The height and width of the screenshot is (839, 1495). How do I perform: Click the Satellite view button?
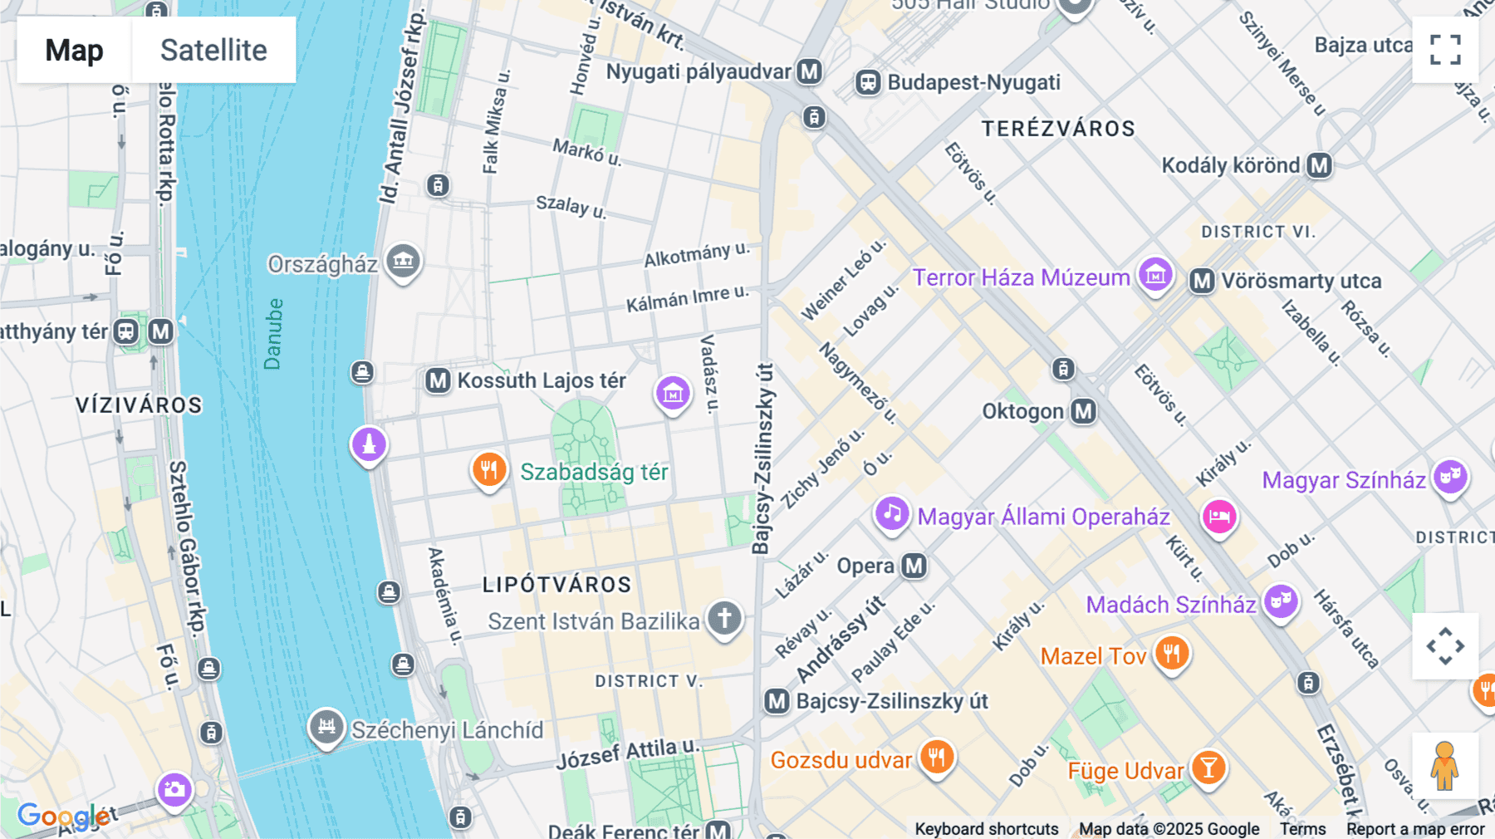(x=213, y=50)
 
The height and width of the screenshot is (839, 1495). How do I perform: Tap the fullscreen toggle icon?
(x=1445, y=50)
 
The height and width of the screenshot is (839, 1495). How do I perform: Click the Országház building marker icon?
(x=404, y=262)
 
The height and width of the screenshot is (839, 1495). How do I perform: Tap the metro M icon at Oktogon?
(x=1083, y=411)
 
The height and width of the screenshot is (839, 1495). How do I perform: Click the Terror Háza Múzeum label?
(x=1021, y=277)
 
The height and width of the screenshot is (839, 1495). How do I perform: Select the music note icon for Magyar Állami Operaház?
(x=892, y=514)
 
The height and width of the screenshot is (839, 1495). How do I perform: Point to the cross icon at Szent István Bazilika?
(x=724, y=618)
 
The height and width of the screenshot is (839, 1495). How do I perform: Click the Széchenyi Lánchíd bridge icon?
(x=326, y=728)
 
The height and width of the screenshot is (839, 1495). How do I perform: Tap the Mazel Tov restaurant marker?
(x=1172, y=654)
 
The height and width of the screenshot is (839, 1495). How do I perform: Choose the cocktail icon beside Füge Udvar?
(x=1208, y=768)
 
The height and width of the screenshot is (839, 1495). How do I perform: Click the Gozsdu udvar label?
(x=841, y=760)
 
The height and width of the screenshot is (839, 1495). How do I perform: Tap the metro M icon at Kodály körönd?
(x=1319, y=165)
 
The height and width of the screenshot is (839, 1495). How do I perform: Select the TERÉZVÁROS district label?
(x=1058, y=129)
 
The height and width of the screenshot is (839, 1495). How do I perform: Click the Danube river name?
(x=272, y=334)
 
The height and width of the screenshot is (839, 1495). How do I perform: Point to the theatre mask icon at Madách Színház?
(x=1281, y=601)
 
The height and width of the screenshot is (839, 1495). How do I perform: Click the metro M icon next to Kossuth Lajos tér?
(x=438, y=381)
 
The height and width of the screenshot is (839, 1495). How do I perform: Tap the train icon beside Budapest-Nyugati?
(x=868, y=82)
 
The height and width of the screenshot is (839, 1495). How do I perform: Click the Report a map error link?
(x=1415, y=829)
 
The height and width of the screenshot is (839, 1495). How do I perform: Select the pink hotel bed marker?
(x=1218, y=517)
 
